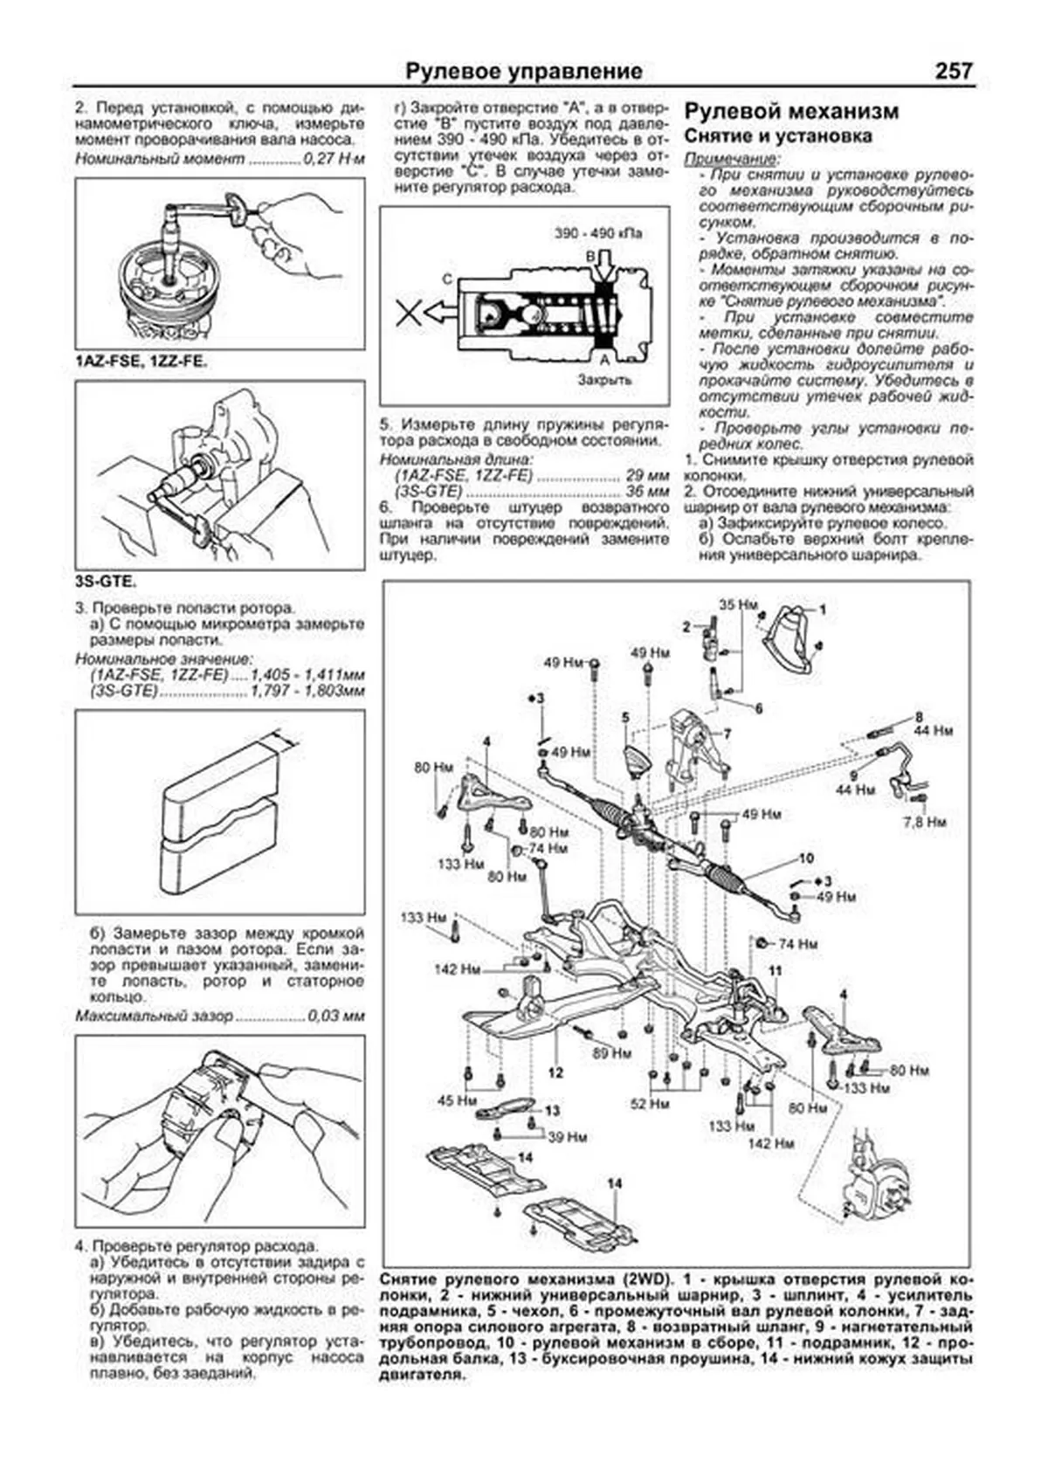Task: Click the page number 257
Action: coord(953,71)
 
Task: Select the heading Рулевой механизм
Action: coord(791,112)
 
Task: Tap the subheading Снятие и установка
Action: coord(777,136)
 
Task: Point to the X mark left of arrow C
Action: coord(407,311)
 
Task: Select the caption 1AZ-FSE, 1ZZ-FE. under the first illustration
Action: coord(141,361)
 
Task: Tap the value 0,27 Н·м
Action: coord(334,160)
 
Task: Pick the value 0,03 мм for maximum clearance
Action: coord(336,1017)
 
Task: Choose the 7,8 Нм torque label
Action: coord(925,822)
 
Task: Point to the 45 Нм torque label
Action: coord(457,1100)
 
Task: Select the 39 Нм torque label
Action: coord(567,1137)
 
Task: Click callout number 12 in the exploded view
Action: coord(555,1072)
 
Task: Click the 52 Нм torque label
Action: coord(649,1104)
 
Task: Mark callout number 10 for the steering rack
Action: coord(805,858)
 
